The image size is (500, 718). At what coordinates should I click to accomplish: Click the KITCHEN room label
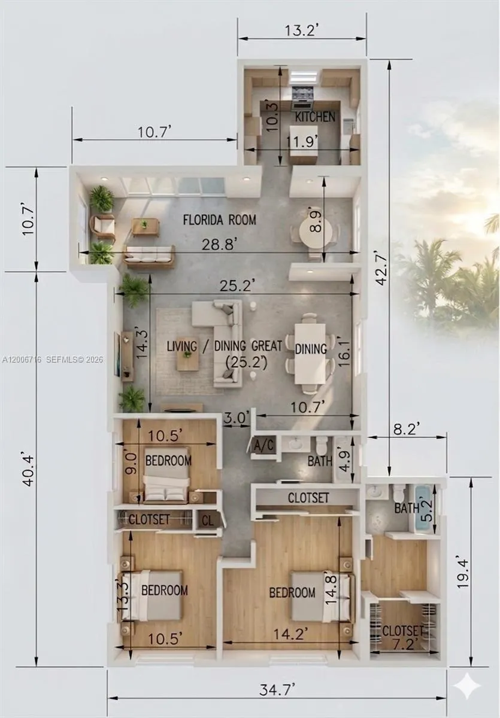(x=316, y=117)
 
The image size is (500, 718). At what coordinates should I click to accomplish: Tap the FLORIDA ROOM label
(x=219, y=220)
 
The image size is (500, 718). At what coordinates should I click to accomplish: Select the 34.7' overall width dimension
(x=276, y=689)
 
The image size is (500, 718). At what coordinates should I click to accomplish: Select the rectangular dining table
(x=310, y=353)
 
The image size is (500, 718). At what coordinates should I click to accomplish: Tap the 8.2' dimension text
(x=407, y=428)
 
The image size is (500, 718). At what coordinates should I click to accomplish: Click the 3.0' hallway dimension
(x=236, y=418)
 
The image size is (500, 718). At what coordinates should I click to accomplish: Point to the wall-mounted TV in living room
(x=117, y=354)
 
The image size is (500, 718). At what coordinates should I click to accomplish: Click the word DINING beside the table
(x=311, y=349)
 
